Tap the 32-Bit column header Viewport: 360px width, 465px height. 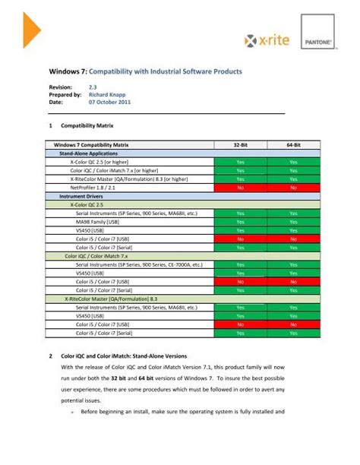[x=239, y=144]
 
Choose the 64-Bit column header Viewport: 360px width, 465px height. [x=293, y=144]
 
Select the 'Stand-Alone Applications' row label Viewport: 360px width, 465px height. [x=84, y=153]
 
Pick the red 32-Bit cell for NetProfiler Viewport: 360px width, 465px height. [x=239, y=187]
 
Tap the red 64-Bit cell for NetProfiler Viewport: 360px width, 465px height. [x=293, y=187]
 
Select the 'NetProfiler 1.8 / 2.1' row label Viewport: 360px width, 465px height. [x=94, y=187]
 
